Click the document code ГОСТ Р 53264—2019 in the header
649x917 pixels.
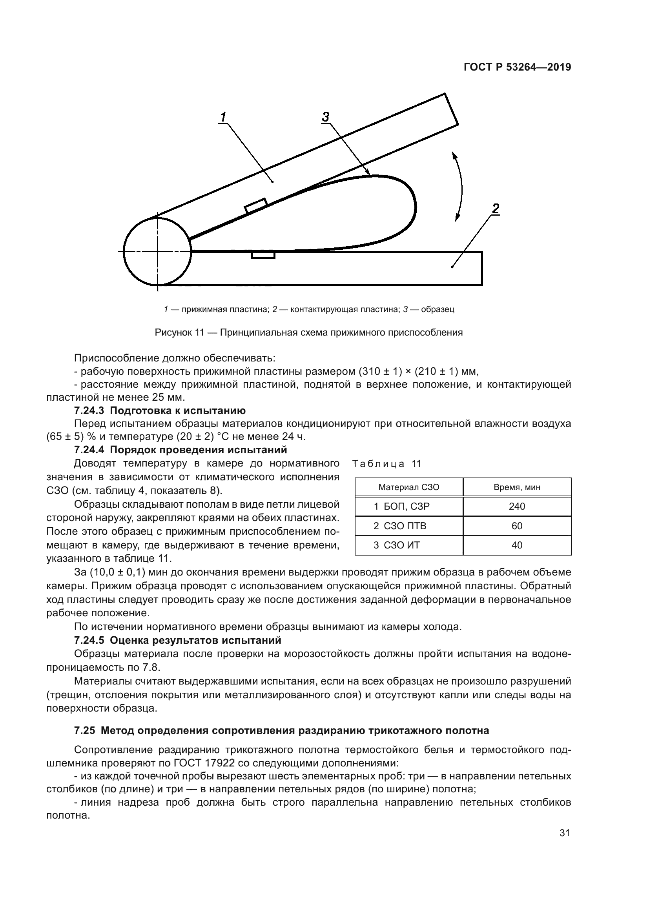(517, 67)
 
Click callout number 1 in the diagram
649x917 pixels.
(223, 117)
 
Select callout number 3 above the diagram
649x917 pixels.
(325, 117)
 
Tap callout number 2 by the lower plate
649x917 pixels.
(496, 209)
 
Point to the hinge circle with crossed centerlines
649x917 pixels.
(157, 251)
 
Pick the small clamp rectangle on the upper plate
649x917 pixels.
(256, 205)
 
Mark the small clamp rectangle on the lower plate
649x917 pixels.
(263, 255)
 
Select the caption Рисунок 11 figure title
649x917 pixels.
(308, 332)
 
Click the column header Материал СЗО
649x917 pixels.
(408, 487)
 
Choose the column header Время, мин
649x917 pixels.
(517, 487)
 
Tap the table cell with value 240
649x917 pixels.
(517, 507)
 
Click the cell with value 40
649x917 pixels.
(517, 545)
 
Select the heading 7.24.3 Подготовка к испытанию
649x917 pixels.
(160, 410)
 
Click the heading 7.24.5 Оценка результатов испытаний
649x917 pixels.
(177, 640)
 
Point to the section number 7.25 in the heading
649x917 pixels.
(84, 730)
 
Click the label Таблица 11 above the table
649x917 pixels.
(386, 464)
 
